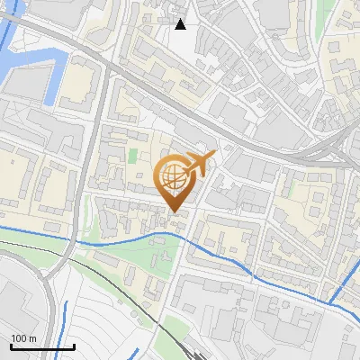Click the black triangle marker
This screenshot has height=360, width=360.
[181, 24]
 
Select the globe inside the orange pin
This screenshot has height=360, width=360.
[174, 178]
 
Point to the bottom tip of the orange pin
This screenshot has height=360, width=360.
[174, 211]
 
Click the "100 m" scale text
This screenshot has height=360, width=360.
[23, 338]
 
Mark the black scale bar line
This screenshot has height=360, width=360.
[41, 346]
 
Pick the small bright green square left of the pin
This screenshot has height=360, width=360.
[133, 155]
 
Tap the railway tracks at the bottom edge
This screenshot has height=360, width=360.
[184, 351]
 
